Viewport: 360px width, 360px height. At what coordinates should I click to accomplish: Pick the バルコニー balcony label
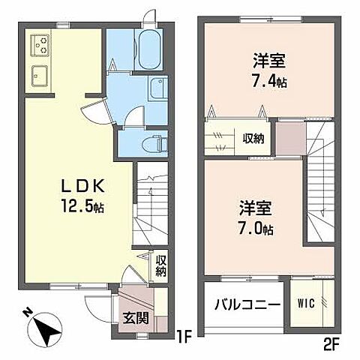(247, 305)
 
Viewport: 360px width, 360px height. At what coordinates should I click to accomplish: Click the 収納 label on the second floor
(252, 138)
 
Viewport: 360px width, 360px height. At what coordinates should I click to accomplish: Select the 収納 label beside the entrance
(160, 266)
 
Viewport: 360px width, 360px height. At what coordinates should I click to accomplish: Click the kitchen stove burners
(40, 46)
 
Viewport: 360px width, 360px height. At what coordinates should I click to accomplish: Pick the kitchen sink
(40, 76)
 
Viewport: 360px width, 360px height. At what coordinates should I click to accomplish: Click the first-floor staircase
(149, 210)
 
